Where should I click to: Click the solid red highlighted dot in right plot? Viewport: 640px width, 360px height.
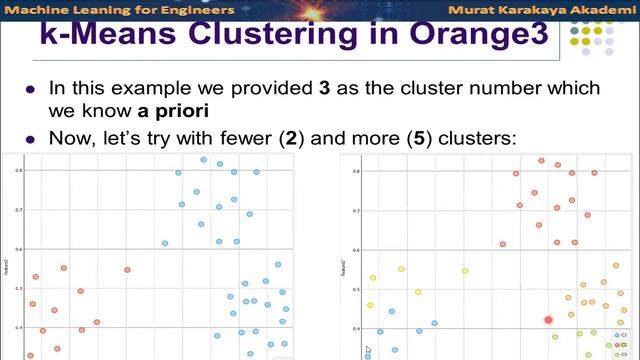[549, 320]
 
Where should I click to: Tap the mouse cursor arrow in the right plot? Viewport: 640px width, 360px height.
[368, 350]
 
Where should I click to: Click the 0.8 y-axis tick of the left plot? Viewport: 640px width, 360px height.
[18, 171]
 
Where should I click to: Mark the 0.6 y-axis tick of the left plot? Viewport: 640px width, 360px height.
[18, 249]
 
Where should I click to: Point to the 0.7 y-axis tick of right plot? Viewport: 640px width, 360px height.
[356, 210]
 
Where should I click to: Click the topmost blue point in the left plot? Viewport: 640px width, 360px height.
[203, 160]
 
